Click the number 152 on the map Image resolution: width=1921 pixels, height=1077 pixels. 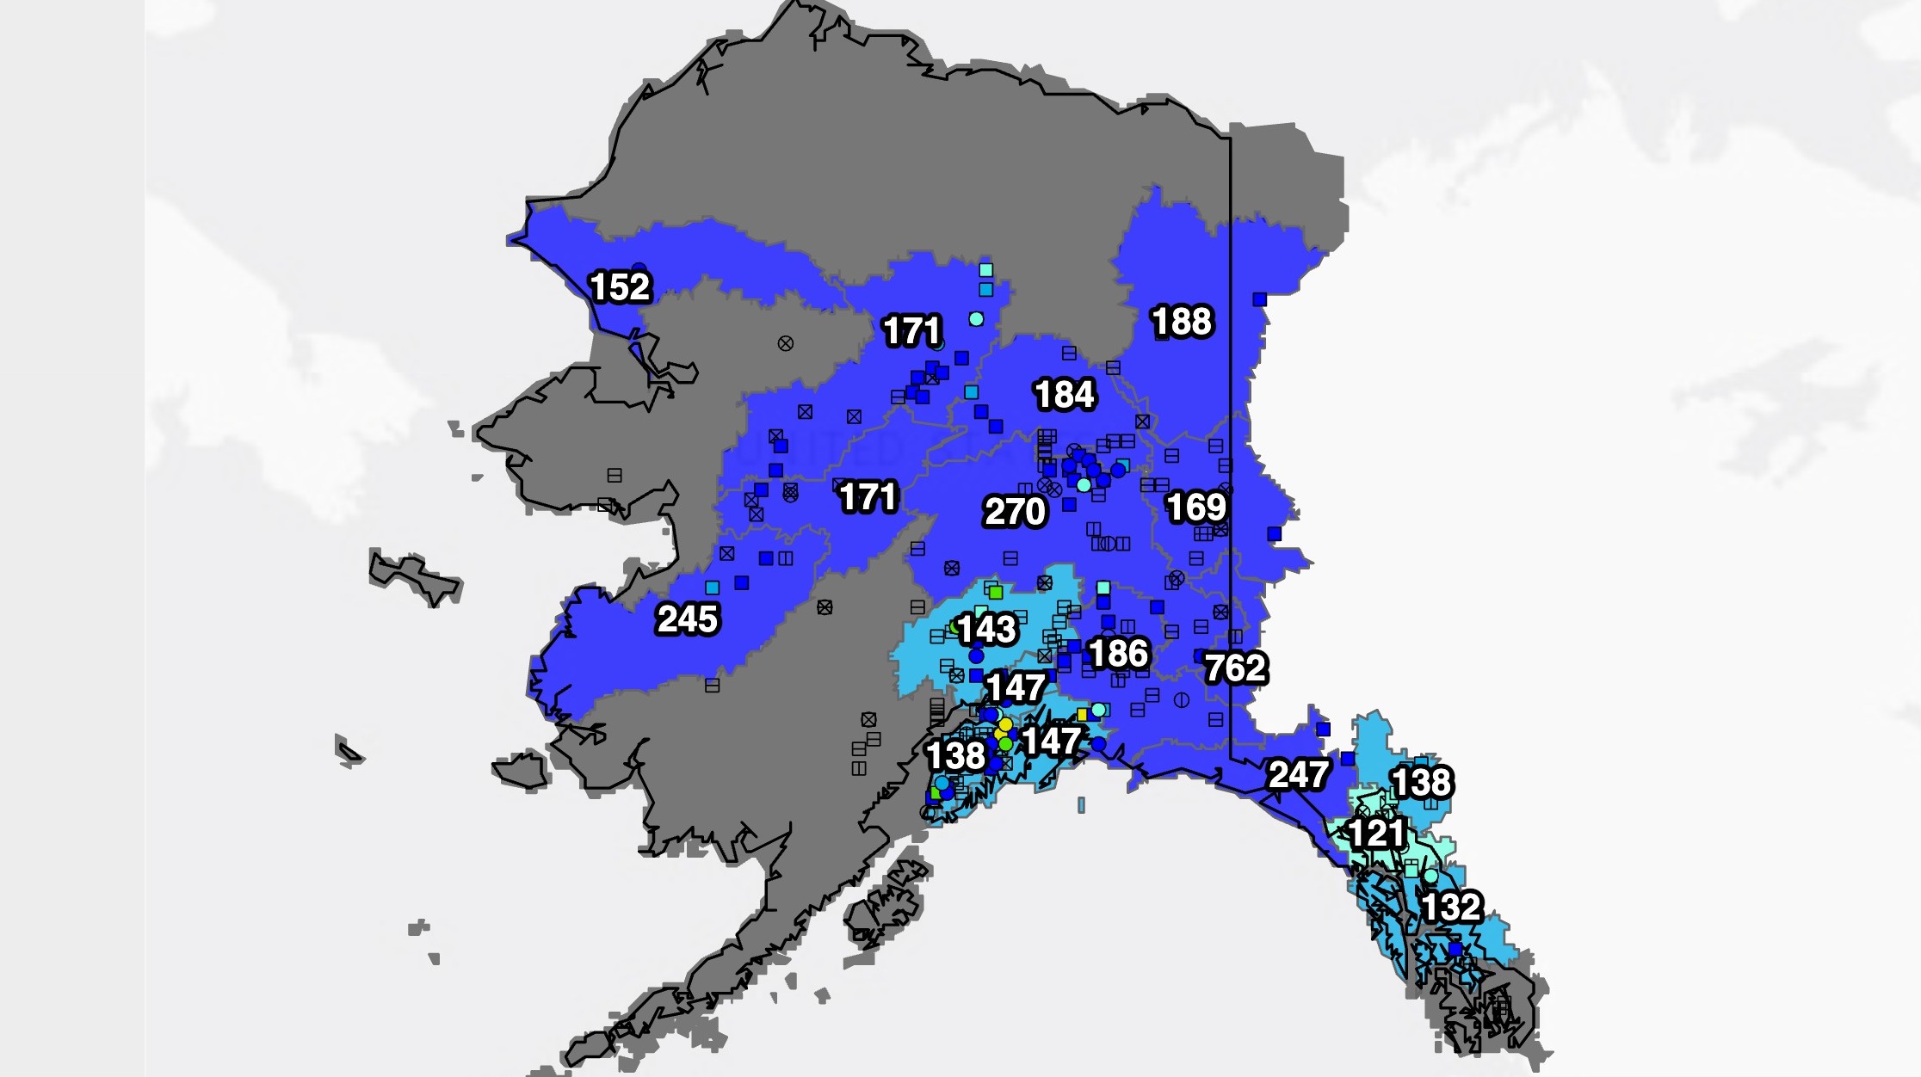click(620, 287)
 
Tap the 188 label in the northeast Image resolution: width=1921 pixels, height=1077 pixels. click(1182, 322)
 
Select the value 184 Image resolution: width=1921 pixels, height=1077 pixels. click(1065, 395)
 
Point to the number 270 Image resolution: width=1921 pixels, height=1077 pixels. click(1015, 512)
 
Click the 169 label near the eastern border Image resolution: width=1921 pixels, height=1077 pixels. click(1196, 508)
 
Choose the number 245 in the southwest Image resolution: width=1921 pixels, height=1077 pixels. click(687, 619)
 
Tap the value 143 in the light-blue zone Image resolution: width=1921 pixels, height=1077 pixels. click(987, 630)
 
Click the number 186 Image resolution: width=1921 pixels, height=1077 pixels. click(1118, 654)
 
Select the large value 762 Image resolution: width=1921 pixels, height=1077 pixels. click(1235, 668)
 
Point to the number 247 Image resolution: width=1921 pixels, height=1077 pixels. click(1299, 775)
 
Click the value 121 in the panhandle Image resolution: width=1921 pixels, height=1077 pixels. click(1377, 833)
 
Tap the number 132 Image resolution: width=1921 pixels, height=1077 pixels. click(1451, 907)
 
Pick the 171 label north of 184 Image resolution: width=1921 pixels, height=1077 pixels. click(912, 331)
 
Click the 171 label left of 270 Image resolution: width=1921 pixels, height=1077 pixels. click(868, 497)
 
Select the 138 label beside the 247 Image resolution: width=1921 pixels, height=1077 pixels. click(1422, 783)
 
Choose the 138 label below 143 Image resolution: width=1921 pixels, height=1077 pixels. click(955, 756)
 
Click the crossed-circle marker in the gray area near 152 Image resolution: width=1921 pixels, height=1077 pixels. click(785, 343)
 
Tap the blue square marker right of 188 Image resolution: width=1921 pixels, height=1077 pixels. click(1260, 299)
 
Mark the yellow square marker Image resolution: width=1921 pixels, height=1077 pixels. click(1083, 714)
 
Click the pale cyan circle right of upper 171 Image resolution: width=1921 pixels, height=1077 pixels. click(976, 319)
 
